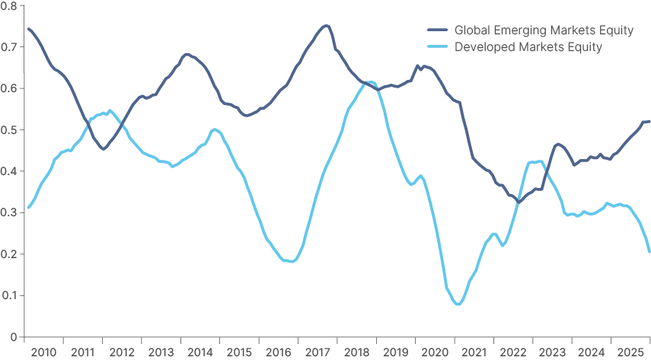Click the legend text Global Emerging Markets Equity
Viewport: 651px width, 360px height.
click(544, 30)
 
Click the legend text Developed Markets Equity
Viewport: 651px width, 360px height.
click(528, 47)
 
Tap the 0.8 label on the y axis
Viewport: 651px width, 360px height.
click(10, 6)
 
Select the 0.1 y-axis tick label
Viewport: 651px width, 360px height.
click(10, 295)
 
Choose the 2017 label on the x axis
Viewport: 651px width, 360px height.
click(318, 352)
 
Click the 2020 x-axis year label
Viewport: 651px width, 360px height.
click(435, 352)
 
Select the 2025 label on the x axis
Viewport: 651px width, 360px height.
click(630, 352)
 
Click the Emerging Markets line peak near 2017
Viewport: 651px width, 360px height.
click(326, 25)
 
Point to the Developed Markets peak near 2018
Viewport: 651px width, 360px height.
click(369, 81)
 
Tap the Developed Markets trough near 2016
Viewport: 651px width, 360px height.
click(291, 261)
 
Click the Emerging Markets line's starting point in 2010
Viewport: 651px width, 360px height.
click(27, 28)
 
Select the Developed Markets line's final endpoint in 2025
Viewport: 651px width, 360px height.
click(649, 251)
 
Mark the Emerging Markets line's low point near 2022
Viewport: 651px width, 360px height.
click(519, 202)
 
